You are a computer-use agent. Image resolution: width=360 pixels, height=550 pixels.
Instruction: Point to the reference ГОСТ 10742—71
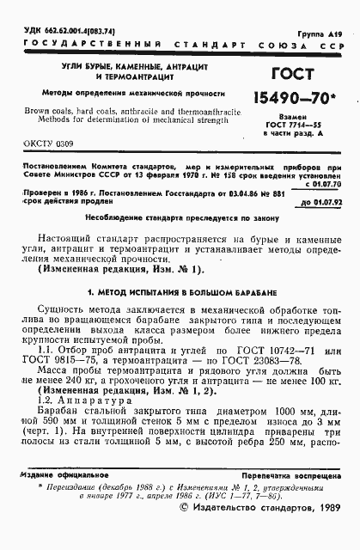click(279, 351)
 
